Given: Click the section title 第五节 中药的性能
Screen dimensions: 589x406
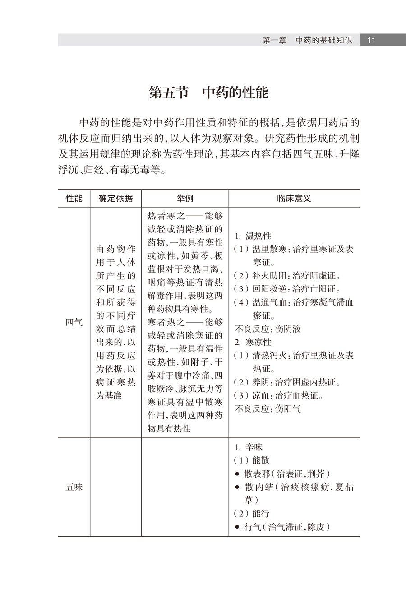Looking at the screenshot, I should pyautogui.click(x=208, y=93).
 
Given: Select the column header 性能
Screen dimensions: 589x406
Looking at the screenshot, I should pyautogui.click(x=74, y=199).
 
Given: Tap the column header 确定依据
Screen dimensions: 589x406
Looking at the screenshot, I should pyautogui.click(x=115, y=199).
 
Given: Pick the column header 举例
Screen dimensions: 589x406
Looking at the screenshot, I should pyautogui.click(x=185, y=199).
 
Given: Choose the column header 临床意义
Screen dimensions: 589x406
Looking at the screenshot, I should pyautogui.click(x=294, y=199).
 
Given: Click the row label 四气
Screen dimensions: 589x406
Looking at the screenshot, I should pyautogui.click(x=74, y=322).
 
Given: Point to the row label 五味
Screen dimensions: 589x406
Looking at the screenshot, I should pyautogui.click(x=74, y=487).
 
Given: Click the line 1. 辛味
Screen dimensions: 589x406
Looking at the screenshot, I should pyautogui.click(x=249, y=447).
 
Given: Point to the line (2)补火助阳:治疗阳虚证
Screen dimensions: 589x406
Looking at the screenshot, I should pyautogui.click(x=287, y=276).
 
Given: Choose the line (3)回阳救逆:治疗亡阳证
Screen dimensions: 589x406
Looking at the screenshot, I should pyautogui.click(x=287, y=289).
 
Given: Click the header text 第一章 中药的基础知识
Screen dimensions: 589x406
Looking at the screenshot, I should pyautogui.click(x=307, y=40).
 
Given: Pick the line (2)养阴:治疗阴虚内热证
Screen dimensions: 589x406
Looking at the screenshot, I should pyautogui.click(x=287, y=382).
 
